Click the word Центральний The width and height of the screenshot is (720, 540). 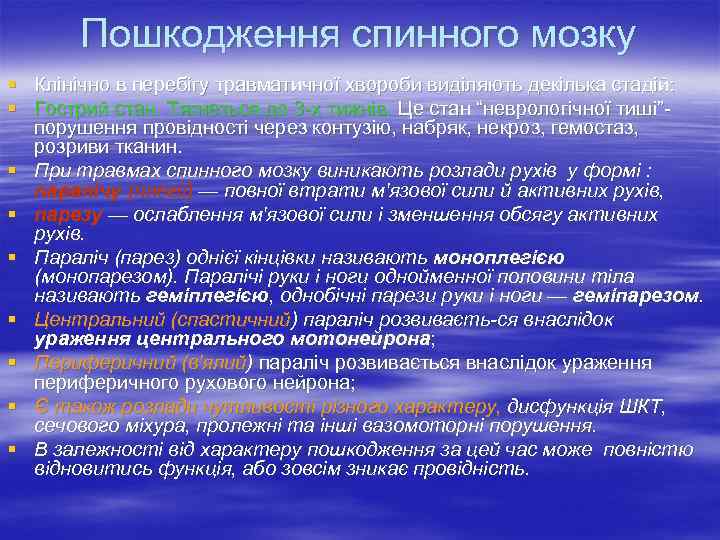92,321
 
